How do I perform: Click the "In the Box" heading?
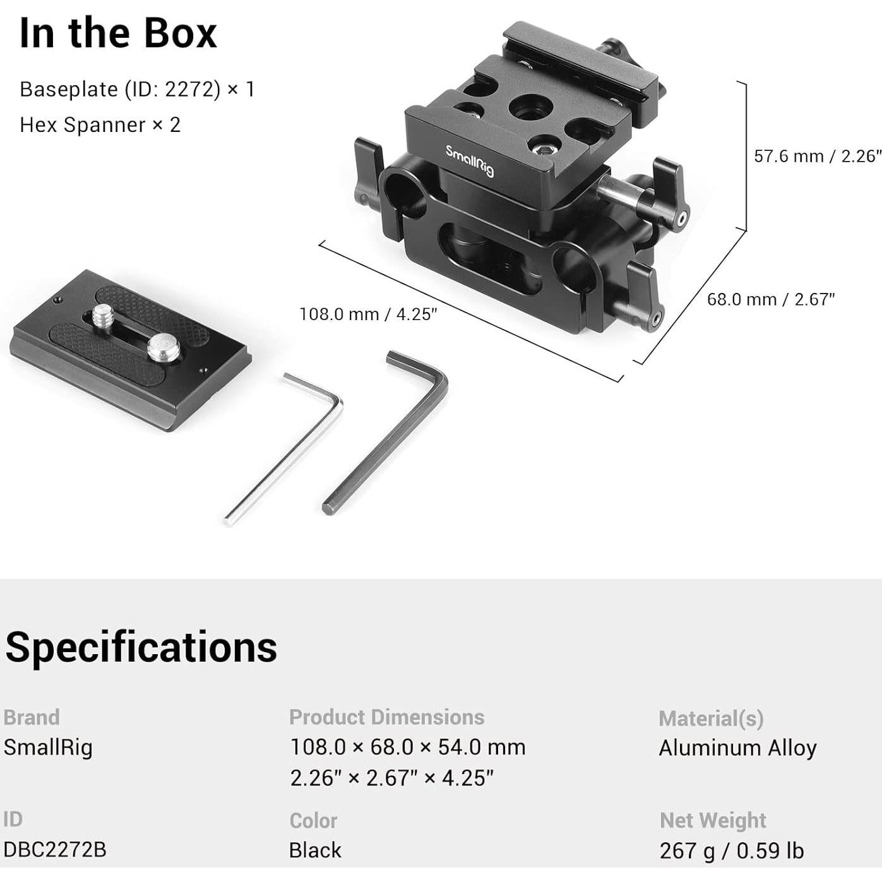118,33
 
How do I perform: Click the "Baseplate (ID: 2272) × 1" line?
137,89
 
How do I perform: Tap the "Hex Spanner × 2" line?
100,124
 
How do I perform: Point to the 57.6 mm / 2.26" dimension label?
817,156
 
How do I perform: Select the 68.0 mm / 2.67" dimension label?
770,299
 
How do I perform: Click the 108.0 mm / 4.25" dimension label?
368,314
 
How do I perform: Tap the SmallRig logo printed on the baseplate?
470,160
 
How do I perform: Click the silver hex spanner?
284,448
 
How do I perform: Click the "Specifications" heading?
141,647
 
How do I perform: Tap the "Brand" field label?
32,717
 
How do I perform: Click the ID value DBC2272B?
55,849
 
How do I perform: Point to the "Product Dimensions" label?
386,717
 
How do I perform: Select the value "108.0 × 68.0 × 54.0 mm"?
407,747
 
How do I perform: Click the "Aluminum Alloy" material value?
737,748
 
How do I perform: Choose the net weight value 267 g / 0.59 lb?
731,850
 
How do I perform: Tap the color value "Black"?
315,850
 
